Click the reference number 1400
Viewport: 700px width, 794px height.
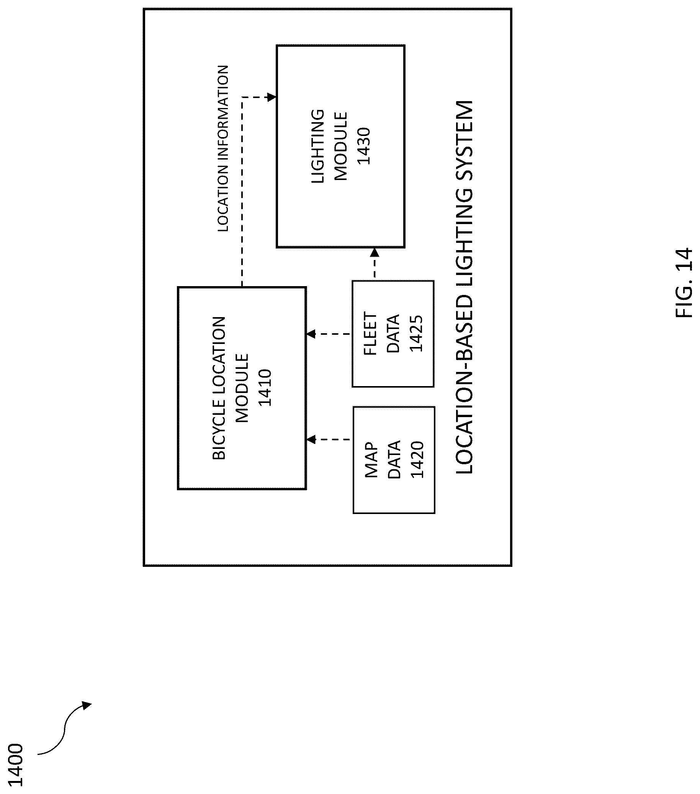tap(16, 765)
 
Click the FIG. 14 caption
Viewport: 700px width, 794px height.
tap(684, 283)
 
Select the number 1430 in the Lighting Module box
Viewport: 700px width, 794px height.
tap(364, 146)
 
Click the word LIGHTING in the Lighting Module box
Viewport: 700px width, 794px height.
tap(318, 146)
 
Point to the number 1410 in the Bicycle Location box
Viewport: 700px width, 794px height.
tap(265, 388)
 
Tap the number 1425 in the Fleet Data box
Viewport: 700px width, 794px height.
tap(416, 334)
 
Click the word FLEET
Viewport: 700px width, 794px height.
tap(370, 334)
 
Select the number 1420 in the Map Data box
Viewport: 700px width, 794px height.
tap(417, 460)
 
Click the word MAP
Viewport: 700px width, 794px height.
tap(371, 460)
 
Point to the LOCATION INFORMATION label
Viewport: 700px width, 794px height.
tap(223, 148)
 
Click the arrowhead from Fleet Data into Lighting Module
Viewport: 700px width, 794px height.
tap(375, 253)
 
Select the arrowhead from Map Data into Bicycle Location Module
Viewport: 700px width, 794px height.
tap(311, 440)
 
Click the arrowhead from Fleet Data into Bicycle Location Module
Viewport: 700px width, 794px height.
tap(311, 334)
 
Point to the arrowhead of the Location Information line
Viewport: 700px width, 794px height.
tap(272, 97)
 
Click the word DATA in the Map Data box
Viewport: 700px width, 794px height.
tap(394, 460)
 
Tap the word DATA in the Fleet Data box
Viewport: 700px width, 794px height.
tap(393, 334)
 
